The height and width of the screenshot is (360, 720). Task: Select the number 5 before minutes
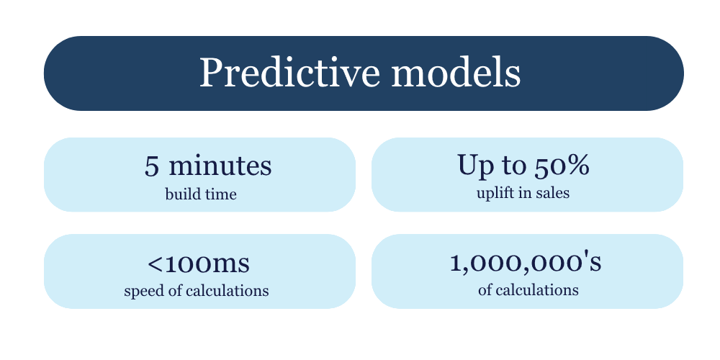click(151, 166)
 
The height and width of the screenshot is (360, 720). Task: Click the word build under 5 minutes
click(181, 194)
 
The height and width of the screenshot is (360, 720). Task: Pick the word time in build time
click(219, 194)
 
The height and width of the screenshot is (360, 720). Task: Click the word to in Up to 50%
click(513, 166)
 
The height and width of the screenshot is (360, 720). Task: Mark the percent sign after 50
click(579, 166)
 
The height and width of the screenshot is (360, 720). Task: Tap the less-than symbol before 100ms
click(154, 264)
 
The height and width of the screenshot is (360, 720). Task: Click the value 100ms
click(207, 264)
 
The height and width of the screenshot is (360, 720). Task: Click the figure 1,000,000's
click(526, 263)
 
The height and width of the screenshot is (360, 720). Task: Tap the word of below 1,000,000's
click(485, 290)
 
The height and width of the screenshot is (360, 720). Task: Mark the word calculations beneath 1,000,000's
click(537, 290)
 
